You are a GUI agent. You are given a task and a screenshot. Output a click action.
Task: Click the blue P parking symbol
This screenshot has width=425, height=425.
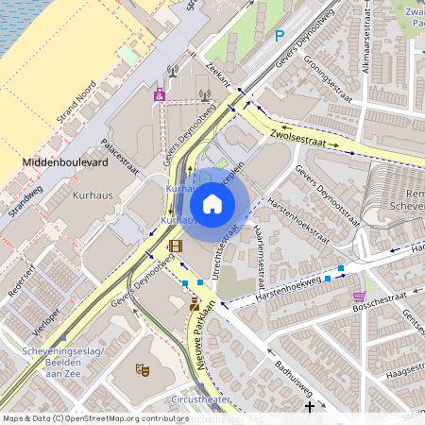point(279,36)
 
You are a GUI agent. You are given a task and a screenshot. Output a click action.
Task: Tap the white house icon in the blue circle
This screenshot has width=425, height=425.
point(212,203)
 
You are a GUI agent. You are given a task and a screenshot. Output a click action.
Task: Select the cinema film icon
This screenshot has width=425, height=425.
point(175,246)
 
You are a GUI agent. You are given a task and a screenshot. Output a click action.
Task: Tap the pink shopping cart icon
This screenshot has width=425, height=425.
point(357,296)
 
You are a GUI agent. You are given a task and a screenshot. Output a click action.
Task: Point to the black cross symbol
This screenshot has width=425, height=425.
point(310,406)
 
